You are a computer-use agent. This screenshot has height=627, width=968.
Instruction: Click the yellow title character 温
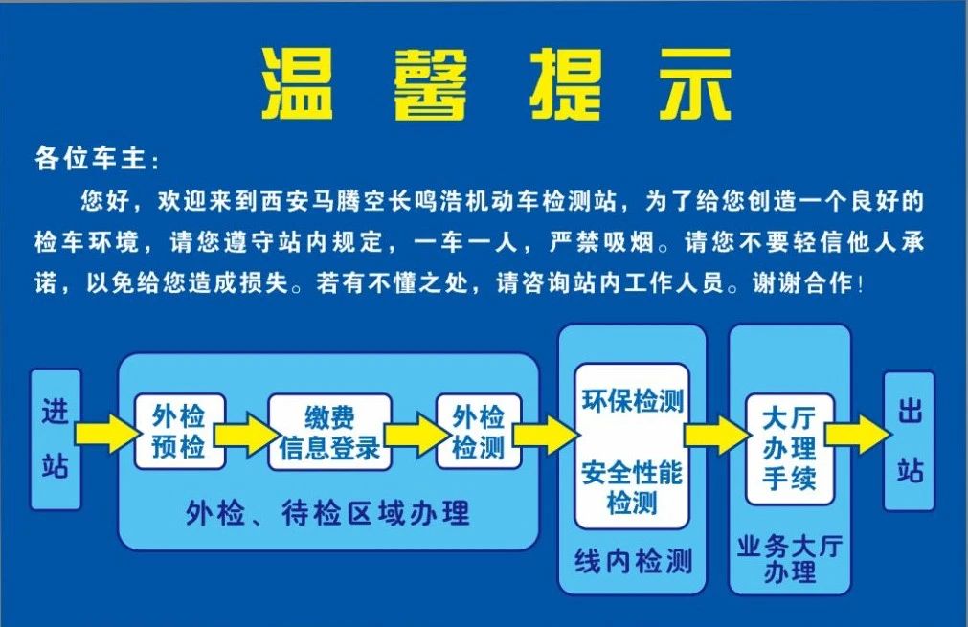pos(298,84)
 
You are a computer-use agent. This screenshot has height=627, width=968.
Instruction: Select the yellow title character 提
pos(565,84)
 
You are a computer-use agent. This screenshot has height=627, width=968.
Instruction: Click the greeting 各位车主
pos(90,159)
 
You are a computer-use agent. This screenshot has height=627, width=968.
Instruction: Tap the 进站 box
pos(56,439)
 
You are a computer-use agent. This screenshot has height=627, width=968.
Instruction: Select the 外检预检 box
pos(179,432)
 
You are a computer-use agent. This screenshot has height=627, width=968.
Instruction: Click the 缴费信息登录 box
pos(329,432)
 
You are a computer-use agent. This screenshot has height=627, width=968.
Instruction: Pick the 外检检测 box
pos(479,432)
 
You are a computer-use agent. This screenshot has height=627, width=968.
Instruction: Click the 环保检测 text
pos(633,401)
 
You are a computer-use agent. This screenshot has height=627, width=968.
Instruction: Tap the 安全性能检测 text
pos(632,487)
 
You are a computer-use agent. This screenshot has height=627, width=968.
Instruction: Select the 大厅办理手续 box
pos(790,449)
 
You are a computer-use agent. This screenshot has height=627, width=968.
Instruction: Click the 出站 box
pos(910,441)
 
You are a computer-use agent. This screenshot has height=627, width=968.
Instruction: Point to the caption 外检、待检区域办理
pos(327,513)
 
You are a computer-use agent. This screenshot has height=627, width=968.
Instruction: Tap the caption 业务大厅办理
pos(790,559)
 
